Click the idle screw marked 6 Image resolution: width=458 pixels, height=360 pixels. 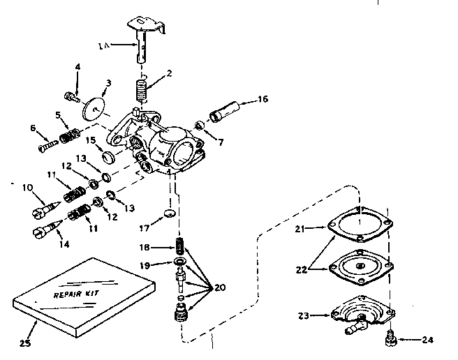click(x=46, y=145)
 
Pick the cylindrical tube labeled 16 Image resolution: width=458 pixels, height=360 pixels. click(x=228, y=110)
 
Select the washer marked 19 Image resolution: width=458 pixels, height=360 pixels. click(x=180, y=263)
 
